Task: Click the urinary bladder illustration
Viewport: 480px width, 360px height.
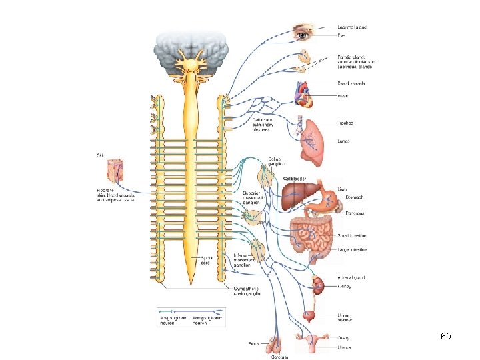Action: click(310, 315)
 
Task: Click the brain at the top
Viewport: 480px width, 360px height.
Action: click(191, 46)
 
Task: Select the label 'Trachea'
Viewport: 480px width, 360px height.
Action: click(345, 123)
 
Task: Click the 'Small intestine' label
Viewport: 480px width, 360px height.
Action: click(352, 236)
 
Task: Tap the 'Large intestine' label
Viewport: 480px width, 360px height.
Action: click(352, 250)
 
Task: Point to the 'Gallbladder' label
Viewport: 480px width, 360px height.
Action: click(294, 179)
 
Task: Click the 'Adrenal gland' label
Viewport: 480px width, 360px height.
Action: click(351, 277)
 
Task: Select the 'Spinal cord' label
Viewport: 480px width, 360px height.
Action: click(208, 260)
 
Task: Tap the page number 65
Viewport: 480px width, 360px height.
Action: click(446, 337)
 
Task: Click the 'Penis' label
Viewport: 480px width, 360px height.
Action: click(254, 344)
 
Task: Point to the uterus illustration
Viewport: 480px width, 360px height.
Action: click(311, 345)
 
